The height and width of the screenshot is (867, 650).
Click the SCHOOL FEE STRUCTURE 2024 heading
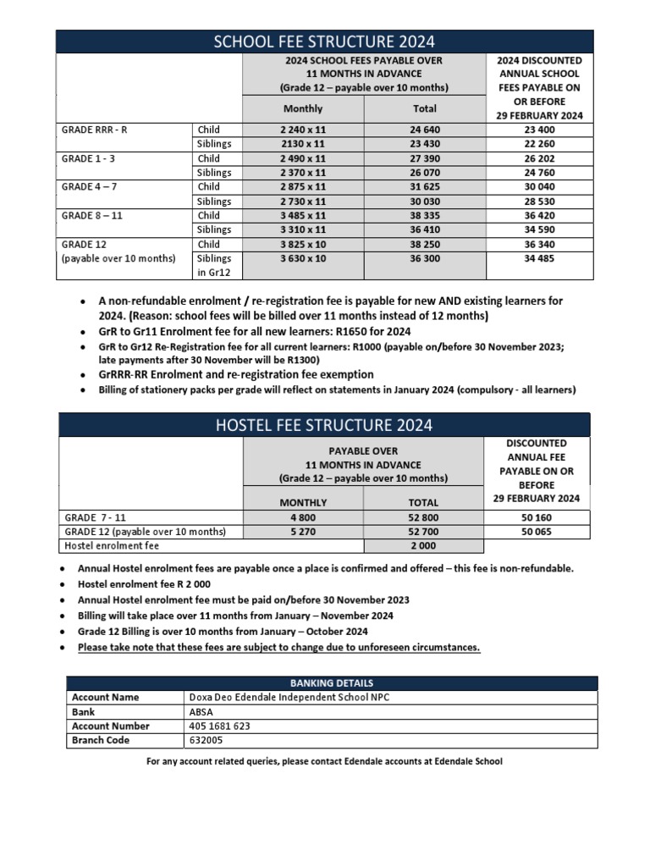click(325, 41)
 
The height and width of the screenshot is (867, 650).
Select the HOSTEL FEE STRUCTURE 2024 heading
click(325, 424)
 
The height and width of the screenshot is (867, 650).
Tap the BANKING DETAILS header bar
click(332, 682)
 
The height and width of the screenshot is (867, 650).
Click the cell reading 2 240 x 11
click(302, 130)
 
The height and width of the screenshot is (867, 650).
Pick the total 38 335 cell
click(424, 215)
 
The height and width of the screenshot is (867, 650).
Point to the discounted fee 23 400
click(539, 130)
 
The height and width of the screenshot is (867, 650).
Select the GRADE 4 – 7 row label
click(90, 187)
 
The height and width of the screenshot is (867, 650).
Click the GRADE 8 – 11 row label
click(92, 215)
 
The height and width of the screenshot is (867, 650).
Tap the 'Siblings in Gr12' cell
click(213, 265)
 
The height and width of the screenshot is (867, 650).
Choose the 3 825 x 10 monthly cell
click(302, 244)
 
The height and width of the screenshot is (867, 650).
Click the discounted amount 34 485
click(539, 258)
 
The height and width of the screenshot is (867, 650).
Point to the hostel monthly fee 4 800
click(302, 517)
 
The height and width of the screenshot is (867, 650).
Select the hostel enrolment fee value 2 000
click(424, 546)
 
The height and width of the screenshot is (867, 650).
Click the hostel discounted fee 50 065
click(536, 532)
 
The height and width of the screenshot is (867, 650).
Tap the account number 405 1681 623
click(220, 726)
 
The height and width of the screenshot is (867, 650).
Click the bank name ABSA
click(201, 711)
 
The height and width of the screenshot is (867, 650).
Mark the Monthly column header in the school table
click(302, 108)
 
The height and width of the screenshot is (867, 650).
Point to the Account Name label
click(106, 697)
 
